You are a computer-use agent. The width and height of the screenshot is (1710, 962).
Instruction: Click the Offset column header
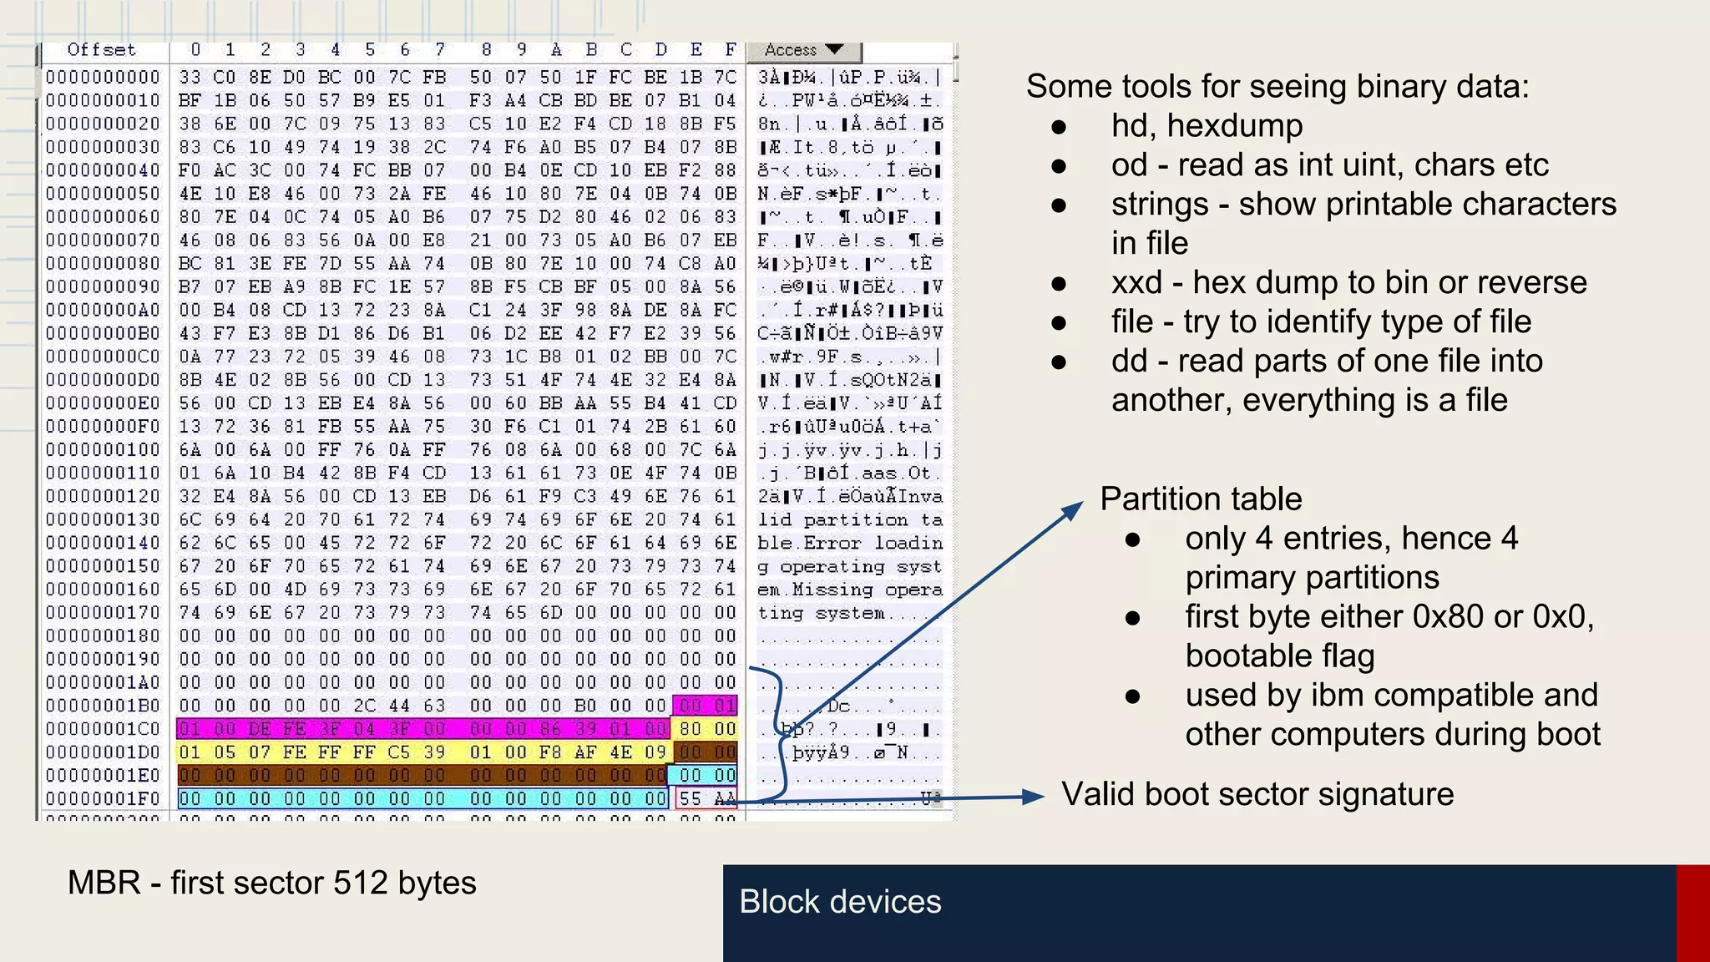(x=101, y=50)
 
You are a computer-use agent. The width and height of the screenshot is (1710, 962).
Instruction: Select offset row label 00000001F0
(x=102, y=799)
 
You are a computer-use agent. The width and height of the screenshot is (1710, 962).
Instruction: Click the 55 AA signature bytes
(x=706, y=799)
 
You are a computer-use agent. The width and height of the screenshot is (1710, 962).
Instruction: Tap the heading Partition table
(x=1200, y=499)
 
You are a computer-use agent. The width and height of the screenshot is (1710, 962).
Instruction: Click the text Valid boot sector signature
(x=1257, y=794)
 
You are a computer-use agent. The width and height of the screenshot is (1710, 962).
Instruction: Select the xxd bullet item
(x=1348, y=283)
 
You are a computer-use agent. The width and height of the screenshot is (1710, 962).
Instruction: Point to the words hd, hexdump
(x=1207, y=126)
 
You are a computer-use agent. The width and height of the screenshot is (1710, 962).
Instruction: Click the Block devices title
(x=840, y=902)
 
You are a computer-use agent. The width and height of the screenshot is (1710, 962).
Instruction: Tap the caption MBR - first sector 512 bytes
(x=271, y=884)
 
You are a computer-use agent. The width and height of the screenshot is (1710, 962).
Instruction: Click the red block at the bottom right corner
(x=1692, y=913)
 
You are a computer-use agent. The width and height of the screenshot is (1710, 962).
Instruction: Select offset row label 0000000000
(x=102, y=78)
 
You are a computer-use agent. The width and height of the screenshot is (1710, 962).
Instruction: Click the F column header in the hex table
(x=730, y=50)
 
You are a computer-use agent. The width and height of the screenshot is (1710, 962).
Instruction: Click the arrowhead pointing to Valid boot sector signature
(x=1034, y=797)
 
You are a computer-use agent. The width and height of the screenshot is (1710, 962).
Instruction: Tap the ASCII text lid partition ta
(x=849, y=520)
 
